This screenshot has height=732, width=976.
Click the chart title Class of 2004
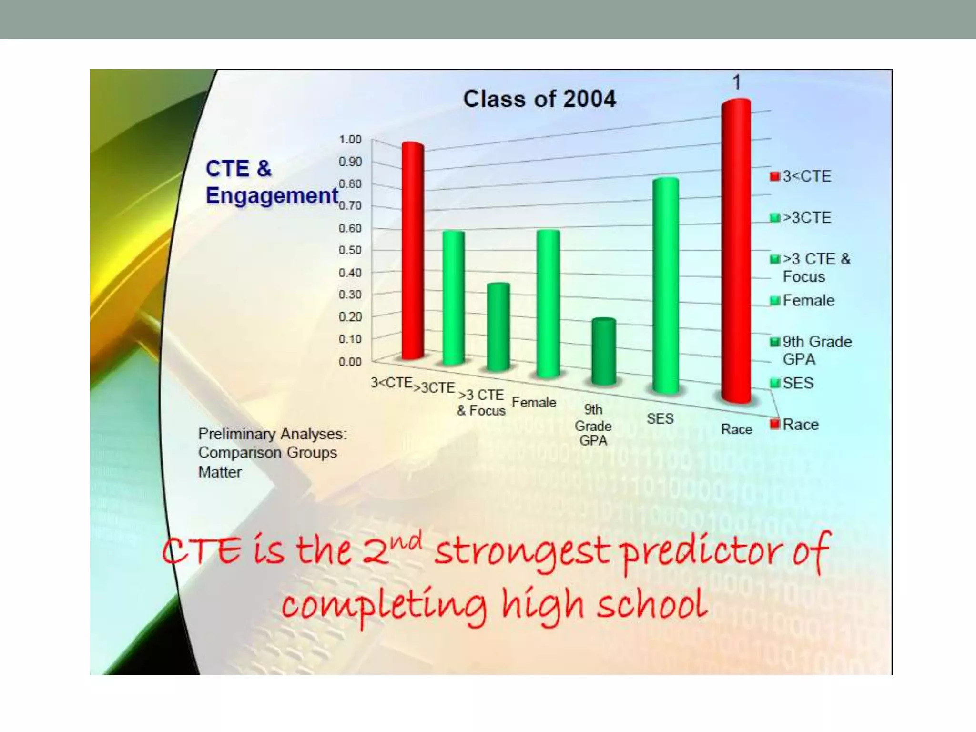(539, 99)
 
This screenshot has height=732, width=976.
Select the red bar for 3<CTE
(413, 251)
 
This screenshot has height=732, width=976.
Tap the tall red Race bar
(736, 251)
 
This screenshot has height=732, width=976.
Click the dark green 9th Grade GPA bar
(604, 351)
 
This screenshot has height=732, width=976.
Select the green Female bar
(548, 304)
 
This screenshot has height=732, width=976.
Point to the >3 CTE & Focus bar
(498, 327)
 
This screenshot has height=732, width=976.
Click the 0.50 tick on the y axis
(350, 250)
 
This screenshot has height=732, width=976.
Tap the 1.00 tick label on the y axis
(350, 139)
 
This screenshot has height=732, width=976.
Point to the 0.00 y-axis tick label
(350, 362)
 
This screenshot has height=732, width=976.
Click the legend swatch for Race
(775, 424)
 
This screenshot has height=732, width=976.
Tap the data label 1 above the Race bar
(737, 82)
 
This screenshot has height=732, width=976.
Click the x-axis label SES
(660, 419)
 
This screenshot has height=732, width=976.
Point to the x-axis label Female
(534, 403)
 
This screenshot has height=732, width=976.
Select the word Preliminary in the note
(237, 434)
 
